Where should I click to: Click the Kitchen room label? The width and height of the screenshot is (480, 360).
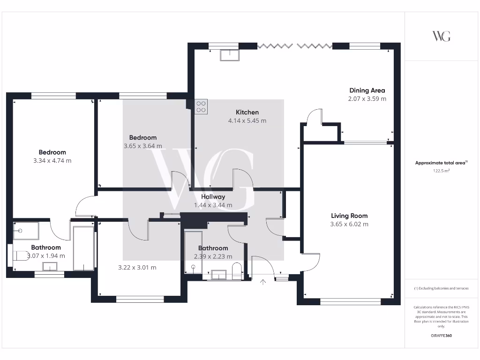tap(247, 112)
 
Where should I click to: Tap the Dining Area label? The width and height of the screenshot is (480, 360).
tap(367, 90)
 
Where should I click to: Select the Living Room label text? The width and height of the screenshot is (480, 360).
tap(349, 216)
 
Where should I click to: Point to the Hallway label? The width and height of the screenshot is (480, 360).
tap(213, 197)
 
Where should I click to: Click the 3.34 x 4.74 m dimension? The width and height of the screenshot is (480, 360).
tap(52, 160)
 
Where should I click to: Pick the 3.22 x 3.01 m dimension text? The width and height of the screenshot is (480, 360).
tap(137, 268)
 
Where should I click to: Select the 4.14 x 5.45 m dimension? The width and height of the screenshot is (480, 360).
tap(247, 121)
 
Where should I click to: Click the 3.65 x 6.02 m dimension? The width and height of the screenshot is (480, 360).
tap(349, 225)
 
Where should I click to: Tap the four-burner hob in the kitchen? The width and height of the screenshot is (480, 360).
tap(201, 106)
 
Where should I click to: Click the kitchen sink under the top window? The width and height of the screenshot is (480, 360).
tap(229, 55)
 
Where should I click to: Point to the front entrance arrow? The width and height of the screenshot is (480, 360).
tap(263, 282)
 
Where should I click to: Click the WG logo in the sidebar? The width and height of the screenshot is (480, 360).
tap(441, 36)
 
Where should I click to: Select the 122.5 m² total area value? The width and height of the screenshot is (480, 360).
tap(441, 171)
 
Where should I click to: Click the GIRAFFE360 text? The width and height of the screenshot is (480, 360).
tap(441, 336)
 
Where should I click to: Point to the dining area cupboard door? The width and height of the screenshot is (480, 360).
tap(313, 117)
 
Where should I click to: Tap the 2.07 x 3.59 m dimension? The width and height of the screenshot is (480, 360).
tap(367, 99)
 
